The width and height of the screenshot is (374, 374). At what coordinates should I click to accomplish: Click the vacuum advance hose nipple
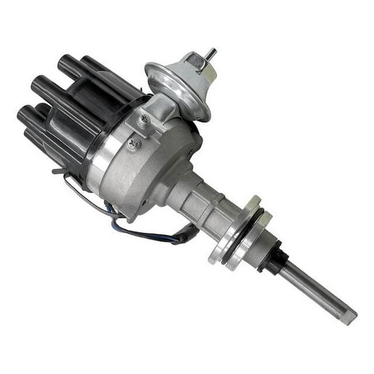[211, 54]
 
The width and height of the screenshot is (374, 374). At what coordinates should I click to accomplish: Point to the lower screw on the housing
[133, 144]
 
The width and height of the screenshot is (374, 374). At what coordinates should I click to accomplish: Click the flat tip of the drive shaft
[349, 318]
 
